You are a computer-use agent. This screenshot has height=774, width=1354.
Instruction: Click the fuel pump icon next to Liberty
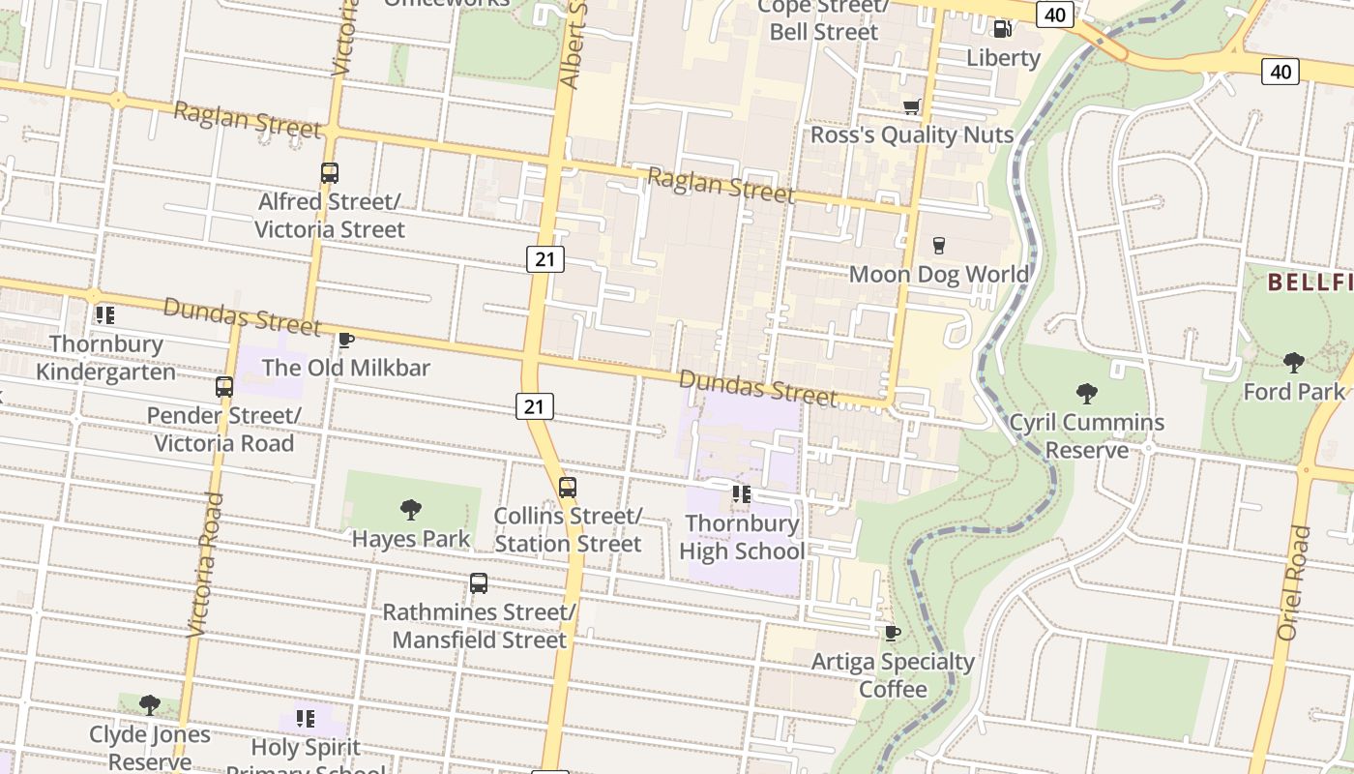click(1003, 29)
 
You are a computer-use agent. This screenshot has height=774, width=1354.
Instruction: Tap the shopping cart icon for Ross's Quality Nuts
click(911, 106)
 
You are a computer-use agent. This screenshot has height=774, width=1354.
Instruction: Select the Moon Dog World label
click(938, 274)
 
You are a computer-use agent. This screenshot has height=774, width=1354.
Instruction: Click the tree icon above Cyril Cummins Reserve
click(1086, 394)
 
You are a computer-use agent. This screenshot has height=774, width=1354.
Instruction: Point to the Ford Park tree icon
click(1293, 363)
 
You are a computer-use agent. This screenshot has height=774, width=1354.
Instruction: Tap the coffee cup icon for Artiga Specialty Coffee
click(892, 634)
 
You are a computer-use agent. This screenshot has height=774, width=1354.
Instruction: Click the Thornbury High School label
click(742, 537)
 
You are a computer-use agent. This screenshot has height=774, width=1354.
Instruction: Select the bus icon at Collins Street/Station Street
click(568, 488)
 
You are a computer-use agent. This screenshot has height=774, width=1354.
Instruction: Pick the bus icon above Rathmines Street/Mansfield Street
click(479, 583)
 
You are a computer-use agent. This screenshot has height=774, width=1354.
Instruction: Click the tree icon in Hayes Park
click(411, 510)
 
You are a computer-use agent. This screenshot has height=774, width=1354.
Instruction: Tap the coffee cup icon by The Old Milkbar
click(345, 340)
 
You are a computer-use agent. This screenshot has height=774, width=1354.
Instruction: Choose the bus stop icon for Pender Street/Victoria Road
click(224, 387)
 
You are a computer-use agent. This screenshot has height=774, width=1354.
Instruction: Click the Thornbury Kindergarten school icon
click(105, 315)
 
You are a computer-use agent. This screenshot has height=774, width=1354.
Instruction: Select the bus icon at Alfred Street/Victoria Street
click(330, 173)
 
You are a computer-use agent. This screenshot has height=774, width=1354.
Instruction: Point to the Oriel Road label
click(1294, 582)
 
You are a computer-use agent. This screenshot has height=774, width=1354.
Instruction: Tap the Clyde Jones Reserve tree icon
click(149, 704)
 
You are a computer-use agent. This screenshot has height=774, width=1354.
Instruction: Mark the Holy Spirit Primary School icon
click(306, 719)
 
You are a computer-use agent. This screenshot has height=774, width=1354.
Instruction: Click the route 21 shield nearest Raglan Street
click(545, 258)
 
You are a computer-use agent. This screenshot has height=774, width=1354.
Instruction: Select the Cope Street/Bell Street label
click(823, 19)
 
